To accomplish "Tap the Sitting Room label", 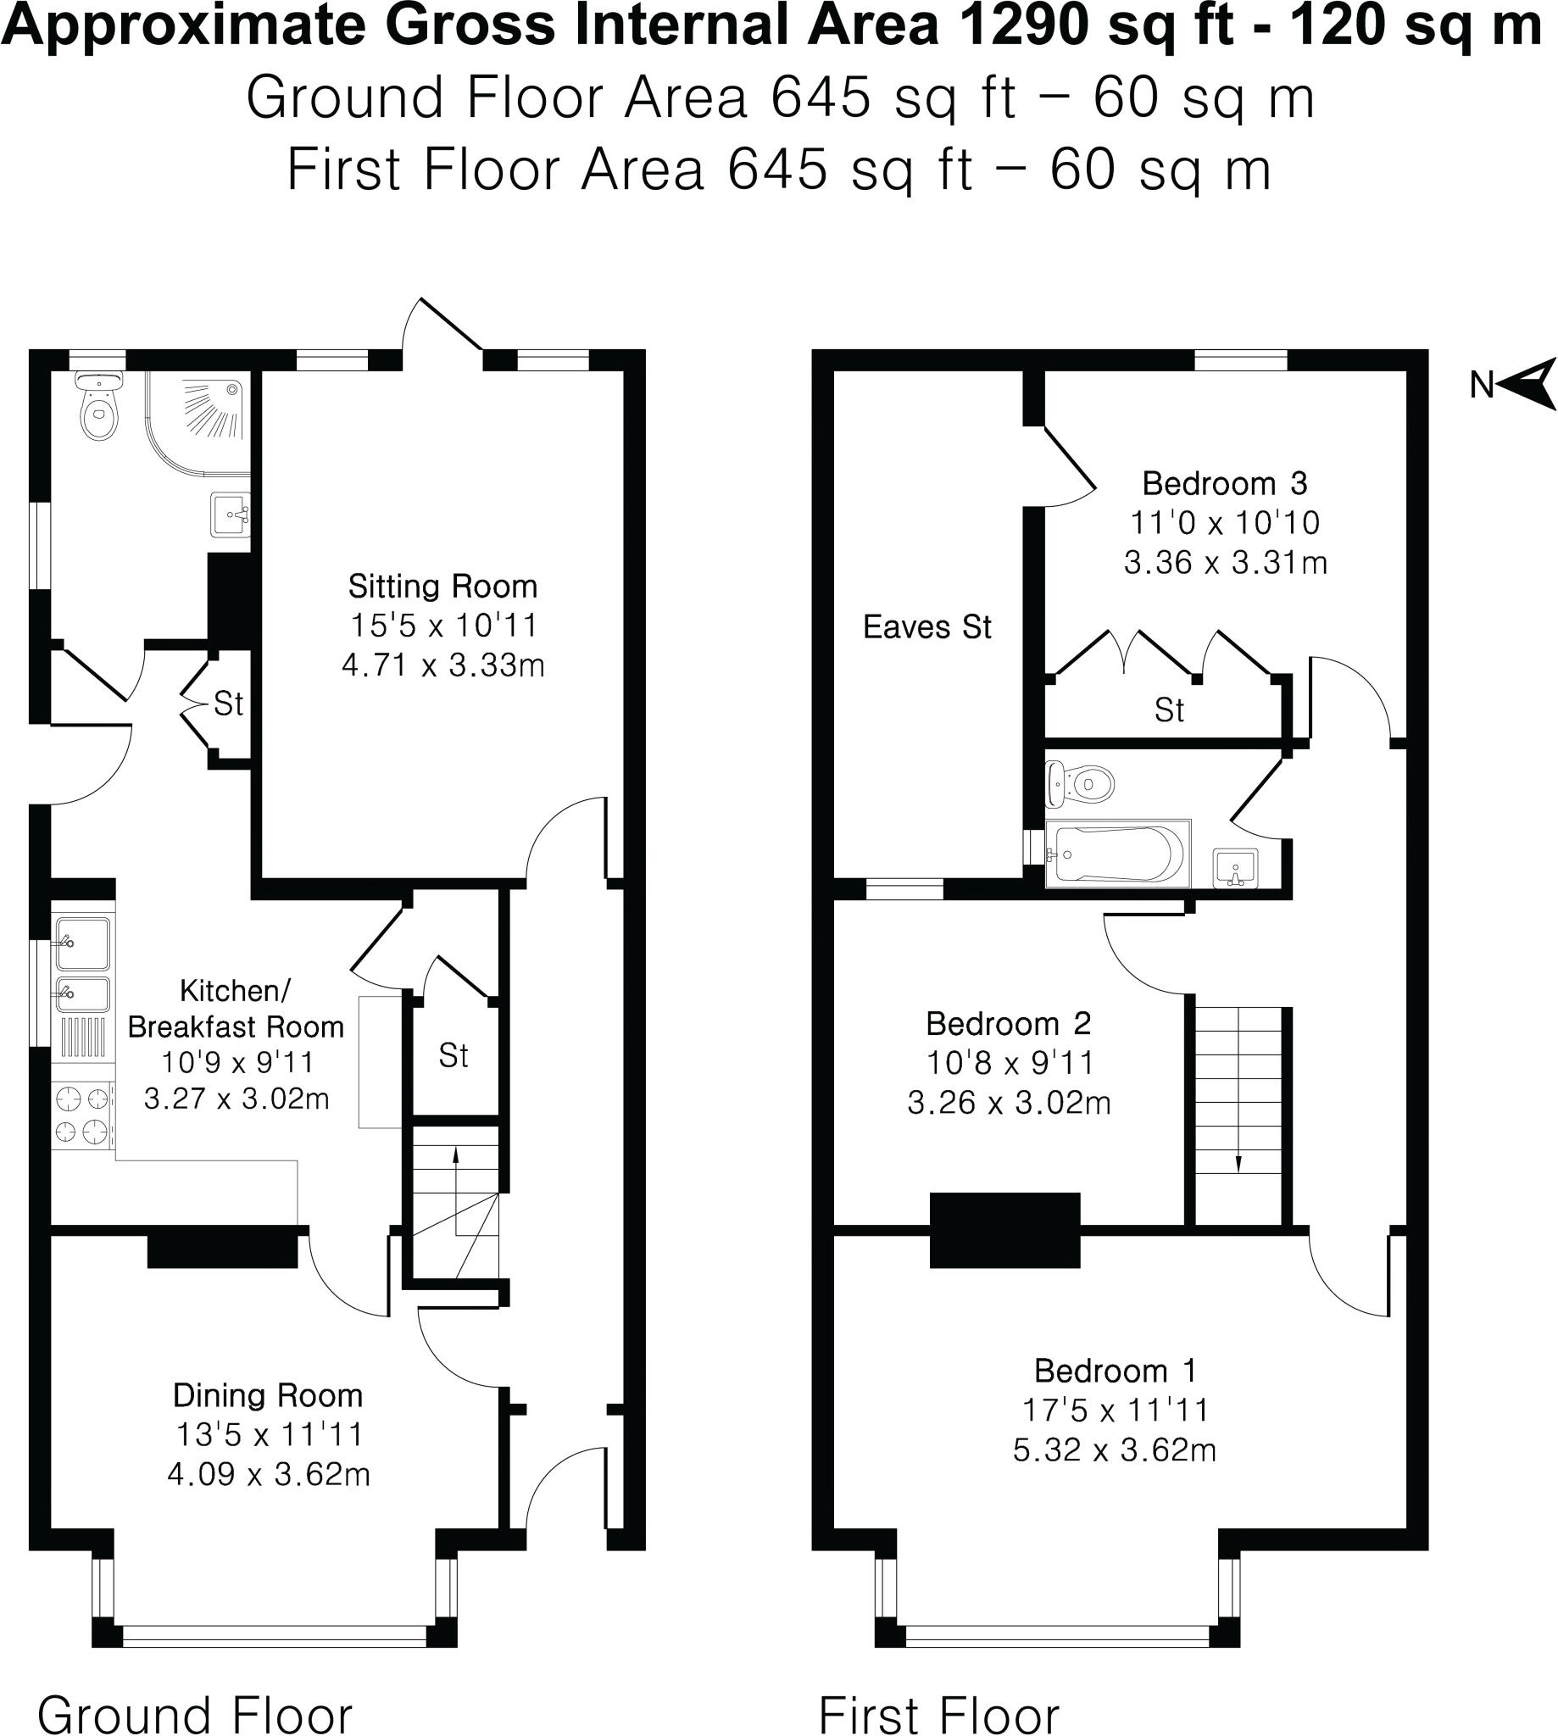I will click(x=442, y=587).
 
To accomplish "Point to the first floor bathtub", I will click(x=1117, y=854).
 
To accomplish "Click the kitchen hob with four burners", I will click(x=83, y=1116).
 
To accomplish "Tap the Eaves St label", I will click(x=927, y=627).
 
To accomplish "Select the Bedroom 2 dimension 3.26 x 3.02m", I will click(x=1009, y=1103).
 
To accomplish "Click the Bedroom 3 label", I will click(x=1224, y=485).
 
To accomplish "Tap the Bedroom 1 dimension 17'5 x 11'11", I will click(x=1115, y=1410).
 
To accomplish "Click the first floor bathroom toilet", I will click(x=1080, y=783).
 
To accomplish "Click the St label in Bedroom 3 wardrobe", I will click(x=1170, y=709).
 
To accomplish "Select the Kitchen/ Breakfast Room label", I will click(x=236, y=1010).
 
